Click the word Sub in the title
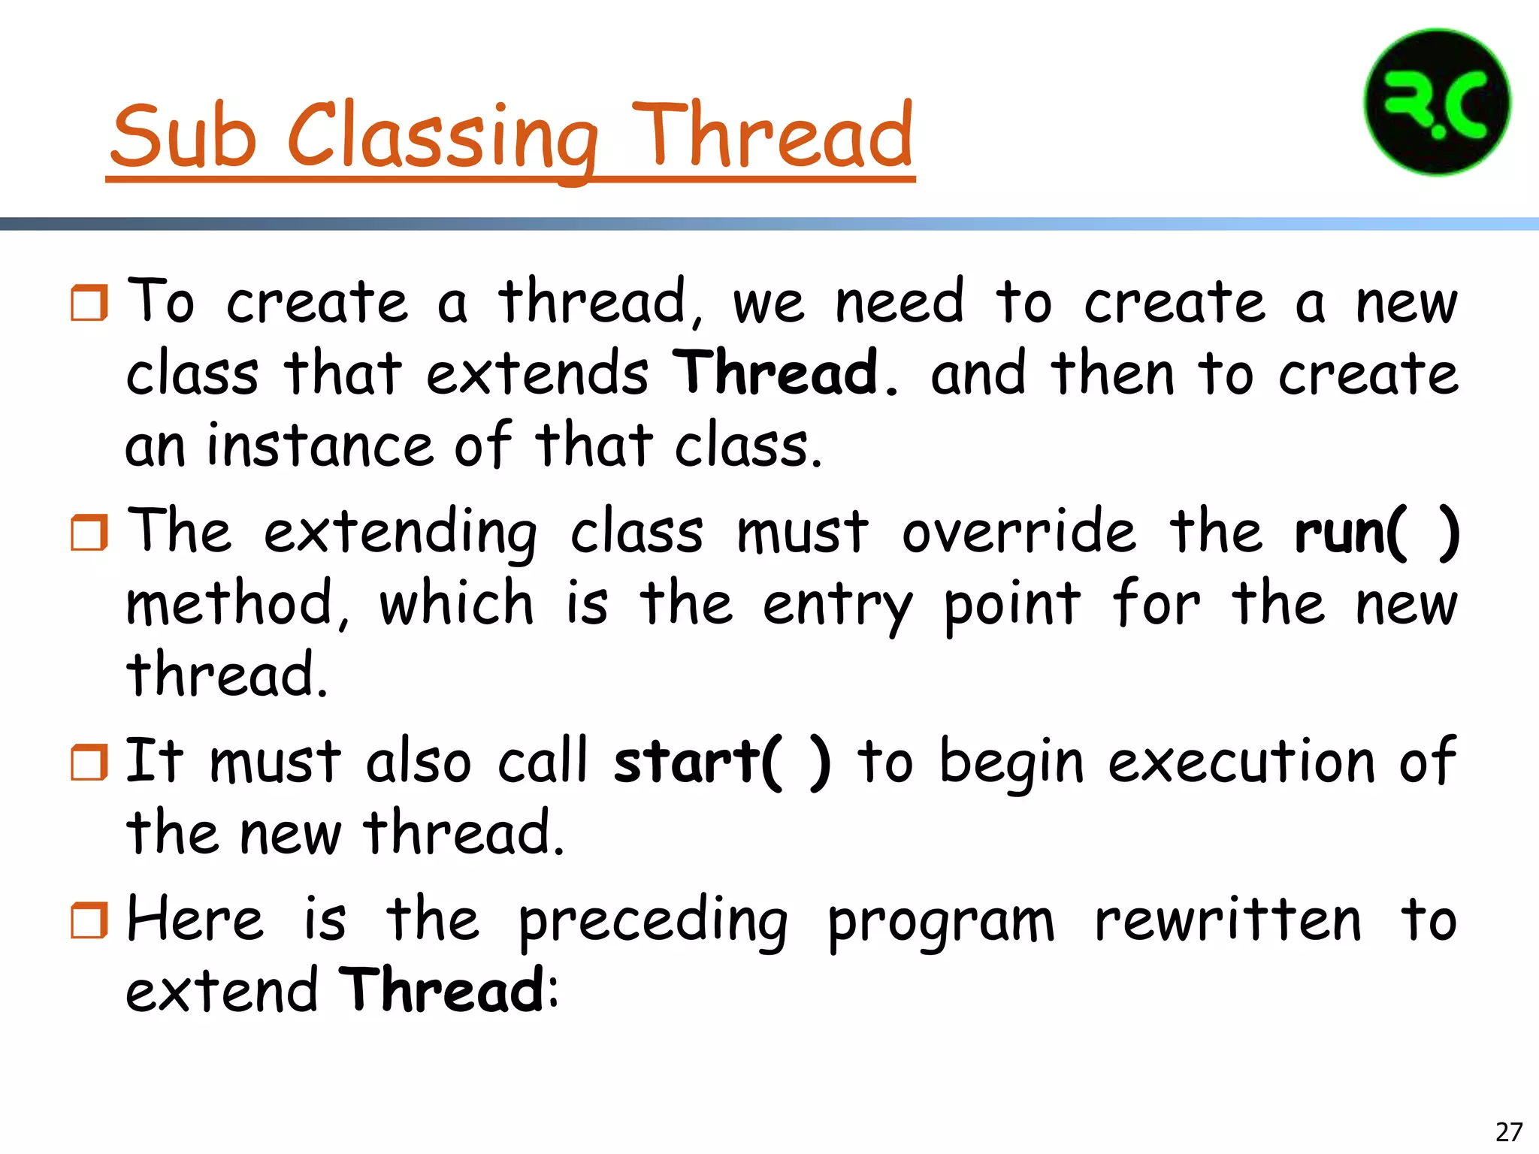tap(183, 135)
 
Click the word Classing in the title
tap(443, 135)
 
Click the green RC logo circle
tap(1437, 103)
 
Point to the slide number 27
tap(1509, 1131)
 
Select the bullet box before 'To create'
tap(89, 303)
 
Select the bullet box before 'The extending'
tap(89, 533)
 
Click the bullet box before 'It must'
tap(89, 762)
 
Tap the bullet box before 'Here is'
tap(89, 920)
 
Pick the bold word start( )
tap(721, 762)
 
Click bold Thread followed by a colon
tap(443, 990)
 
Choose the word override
tap(1020, 532)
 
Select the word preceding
tap(653, 920)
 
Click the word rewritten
tap(1227, 920)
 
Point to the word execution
tap(1242, 762)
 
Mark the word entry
tap(837, 606)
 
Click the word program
tap(941, 922)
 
